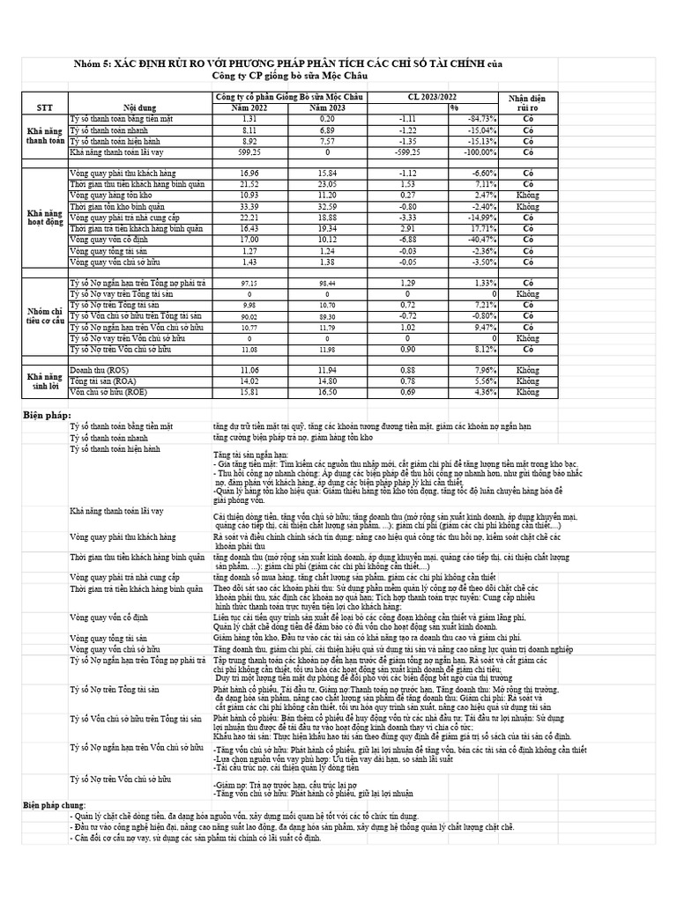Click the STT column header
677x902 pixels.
coord(45,107)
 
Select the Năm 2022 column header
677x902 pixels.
coord(250,107)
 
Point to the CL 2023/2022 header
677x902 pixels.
coord(433,96)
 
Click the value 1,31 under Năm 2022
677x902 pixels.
coord(249,118)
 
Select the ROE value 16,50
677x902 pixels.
coord(327,392)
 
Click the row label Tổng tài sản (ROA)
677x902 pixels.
coord(100,381)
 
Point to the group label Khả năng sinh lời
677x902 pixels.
coord(45,381)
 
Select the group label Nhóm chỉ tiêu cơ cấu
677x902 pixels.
coord(45,315)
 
